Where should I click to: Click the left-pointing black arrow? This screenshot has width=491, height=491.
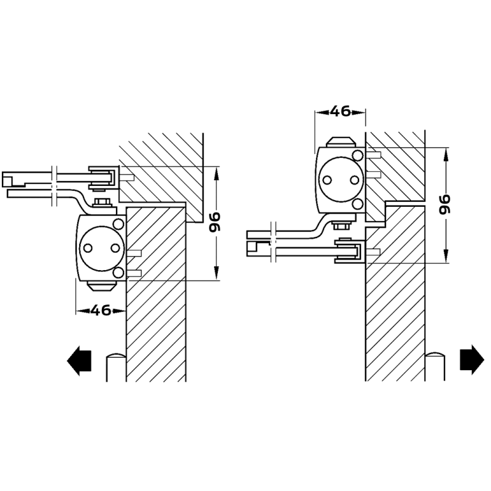click(79, 361)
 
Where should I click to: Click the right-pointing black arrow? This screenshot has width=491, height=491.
click(472, 360)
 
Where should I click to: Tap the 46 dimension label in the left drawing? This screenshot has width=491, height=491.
click(101, 311)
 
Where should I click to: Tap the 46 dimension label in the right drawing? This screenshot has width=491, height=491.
click(341, 111)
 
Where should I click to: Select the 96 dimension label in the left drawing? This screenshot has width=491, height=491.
click(215, 222)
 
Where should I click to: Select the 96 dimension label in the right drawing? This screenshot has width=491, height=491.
click(444, 205)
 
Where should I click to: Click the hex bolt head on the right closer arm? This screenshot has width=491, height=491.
click(341, 225)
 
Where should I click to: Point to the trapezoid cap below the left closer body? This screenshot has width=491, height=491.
click(102, 285)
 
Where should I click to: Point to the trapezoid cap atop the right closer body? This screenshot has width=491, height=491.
click(341, 142)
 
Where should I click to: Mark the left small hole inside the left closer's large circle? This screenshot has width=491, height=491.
click(88, 249)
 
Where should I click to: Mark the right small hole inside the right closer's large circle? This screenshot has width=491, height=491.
click(355, 180)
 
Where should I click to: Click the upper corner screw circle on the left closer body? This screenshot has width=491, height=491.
click(118, 224)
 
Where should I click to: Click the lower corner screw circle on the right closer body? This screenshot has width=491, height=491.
click(358, 204)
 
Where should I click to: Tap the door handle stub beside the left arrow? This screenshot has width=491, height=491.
click(116, 367)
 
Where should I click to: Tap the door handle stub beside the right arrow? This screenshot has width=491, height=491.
click(435, 366)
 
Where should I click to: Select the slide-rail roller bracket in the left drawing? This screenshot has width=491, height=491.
click(104, 178)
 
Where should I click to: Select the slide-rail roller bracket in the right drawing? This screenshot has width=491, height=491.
click(350, 250)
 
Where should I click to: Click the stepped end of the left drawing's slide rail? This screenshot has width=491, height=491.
click(13, 180)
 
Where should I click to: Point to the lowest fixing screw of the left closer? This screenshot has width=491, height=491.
click(134, 273)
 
